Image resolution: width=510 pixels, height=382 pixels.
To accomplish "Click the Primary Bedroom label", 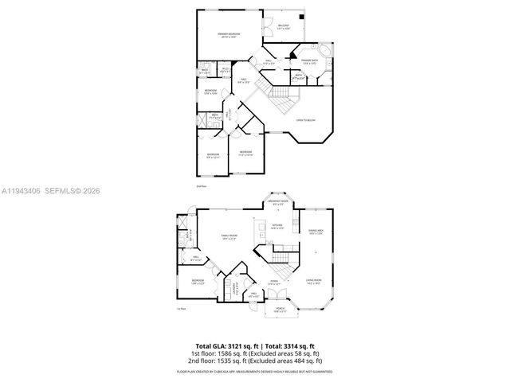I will (x=229, y=34).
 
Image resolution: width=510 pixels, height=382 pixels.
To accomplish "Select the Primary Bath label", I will (x=309, y=60).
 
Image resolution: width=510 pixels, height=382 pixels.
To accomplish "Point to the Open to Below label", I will (x=306, y=120).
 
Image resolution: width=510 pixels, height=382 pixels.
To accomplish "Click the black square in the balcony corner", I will (x=301, y=16).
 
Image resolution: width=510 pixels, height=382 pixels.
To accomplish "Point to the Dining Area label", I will (x=315, y=232).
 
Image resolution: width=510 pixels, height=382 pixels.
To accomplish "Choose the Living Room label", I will (x=314, y=280).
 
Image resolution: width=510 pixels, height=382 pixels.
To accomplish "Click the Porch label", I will (x=280, y=309).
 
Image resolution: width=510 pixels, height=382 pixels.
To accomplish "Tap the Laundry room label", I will (x=237, y=288).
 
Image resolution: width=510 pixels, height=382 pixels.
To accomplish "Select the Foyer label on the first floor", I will (x=273, y=281).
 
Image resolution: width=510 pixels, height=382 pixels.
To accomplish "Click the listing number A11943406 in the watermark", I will (x=21, y=191).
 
